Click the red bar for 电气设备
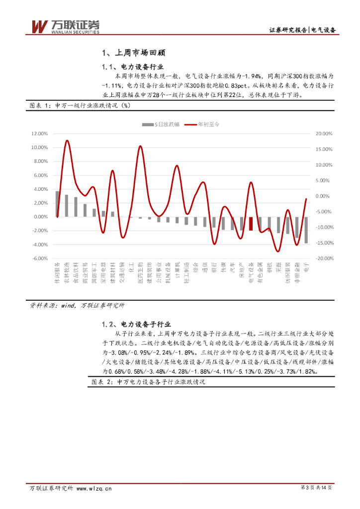tap(251, 224)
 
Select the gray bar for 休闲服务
tap(58, 204)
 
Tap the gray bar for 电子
tap(306, 230)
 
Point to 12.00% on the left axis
tap(39, 134)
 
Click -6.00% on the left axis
tap(40, 258)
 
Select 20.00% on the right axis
tap(324, 134)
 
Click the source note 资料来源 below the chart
tap(78, 306)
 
